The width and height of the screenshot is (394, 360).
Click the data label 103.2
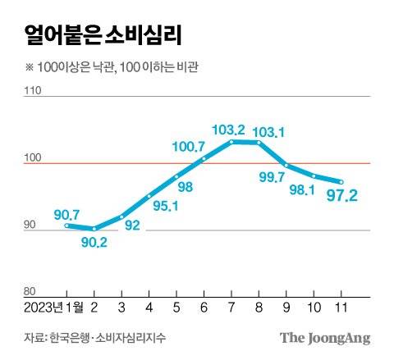coord(228,130)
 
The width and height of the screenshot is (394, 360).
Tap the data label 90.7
coord(68,213)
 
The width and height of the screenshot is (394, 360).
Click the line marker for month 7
coord(232,142)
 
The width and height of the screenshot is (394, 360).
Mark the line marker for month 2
coord(94,228)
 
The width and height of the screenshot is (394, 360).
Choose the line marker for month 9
coord(286,165)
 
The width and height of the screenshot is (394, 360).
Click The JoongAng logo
coord(325,338)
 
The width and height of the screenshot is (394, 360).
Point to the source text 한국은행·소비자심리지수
coord(107,338)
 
